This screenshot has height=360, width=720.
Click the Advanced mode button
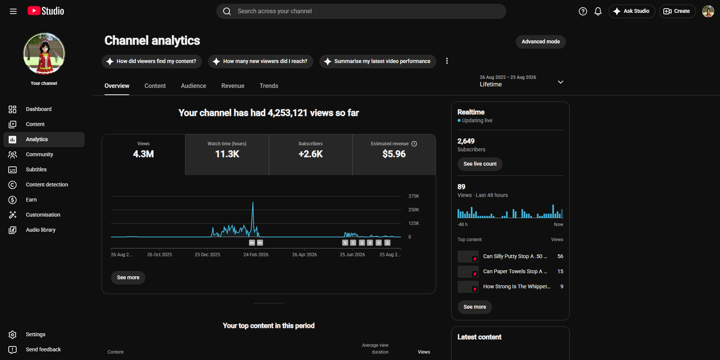coord(541,42)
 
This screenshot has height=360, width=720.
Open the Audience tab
coord(193,86)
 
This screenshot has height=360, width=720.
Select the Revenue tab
coord(233,86)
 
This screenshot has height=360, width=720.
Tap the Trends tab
coord(269,86)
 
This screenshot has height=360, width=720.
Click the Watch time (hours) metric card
coord(227,154)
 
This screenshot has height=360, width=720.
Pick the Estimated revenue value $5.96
coord(394,154)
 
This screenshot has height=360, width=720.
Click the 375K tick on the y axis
coord(414,196)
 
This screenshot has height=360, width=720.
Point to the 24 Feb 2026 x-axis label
coord(256,255)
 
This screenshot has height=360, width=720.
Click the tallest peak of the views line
coord(253,203)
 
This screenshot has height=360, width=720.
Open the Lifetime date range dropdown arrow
coord(561,82)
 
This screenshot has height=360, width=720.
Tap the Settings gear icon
coord(12,335)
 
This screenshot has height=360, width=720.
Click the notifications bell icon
coord(598,11)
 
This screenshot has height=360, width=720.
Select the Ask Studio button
coord(632,11)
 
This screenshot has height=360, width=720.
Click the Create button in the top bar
coord(677,11)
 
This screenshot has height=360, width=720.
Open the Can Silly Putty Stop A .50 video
coord(515,256)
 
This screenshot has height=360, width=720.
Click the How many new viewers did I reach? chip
coord(261,61)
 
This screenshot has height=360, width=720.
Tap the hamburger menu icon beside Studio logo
coord(13,11)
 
